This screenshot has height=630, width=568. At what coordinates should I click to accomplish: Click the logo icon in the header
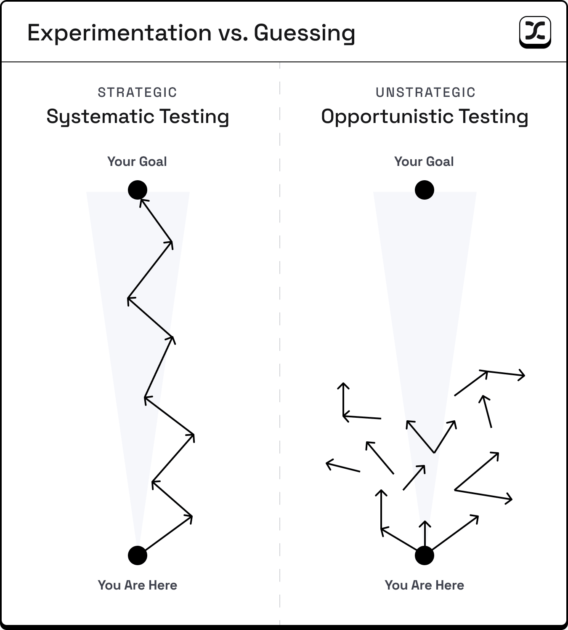[x=535, y=32]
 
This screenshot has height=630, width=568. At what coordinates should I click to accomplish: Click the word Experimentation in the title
[x=119, y=33]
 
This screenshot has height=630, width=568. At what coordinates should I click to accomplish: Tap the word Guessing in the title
[x=304, y=33]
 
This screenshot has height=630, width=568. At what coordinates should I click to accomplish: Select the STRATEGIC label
[x=138, y=92]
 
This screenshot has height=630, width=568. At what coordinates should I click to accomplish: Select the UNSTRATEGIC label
[x=425, y=92]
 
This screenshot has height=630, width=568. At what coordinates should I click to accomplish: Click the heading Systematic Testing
[x=138, y=117]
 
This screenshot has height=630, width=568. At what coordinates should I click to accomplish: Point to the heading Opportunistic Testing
[x=425, y=117]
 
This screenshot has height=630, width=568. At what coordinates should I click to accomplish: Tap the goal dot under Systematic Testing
[x=138, y=190]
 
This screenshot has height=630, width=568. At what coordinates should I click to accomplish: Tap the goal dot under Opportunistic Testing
[x=424, y=190]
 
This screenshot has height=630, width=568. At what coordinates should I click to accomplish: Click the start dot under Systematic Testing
[x=138, y=555]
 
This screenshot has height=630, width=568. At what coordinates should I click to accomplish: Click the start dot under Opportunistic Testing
[x=424, y=555]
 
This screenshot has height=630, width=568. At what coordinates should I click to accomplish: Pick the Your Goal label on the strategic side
[x=137, y=162]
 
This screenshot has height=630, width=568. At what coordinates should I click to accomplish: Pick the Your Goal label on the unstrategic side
[x=424, y=162]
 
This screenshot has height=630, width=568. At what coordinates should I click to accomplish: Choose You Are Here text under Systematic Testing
[x=138, y=585]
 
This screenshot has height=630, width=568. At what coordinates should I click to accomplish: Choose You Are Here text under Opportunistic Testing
[x=424, y=585]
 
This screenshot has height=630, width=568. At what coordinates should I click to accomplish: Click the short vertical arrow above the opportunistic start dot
[x=425, y=534]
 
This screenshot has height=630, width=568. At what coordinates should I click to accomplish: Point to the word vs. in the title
[x=233, y=33]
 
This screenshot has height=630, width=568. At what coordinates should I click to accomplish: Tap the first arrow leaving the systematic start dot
[x=169, y=533]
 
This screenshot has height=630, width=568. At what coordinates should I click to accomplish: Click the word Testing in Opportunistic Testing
[x=494, y=117]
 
